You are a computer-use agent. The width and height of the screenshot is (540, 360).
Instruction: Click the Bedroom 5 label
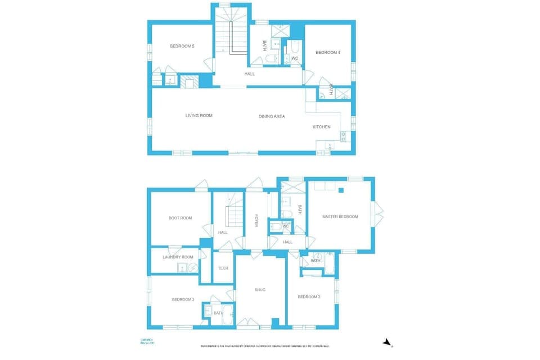click(182, 46)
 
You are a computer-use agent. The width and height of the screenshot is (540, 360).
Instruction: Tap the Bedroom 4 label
click(327, 53)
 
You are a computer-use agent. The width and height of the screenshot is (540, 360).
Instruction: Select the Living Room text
click(199, 116)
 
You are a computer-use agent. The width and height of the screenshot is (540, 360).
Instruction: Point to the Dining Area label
click(272, 116)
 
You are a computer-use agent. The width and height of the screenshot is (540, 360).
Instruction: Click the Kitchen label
click(321, 127)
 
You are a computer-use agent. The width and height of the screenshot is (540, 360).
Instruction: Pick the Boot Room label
click(180, 218)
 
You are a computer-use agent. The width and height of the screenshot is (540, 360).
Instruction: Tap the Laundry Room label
click(178, 257)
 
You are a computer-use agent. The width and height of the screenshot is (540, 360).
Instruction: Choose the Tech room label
click(223, 268)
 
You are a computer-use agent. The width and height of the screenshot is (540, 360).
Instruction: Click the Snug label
click(259, 290)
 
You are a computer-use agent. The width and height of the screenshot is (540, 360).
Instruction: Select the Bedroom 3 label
click(183, 300)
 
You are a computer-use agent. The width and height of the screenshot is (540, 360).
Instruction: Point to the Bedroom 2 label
click(309, 297)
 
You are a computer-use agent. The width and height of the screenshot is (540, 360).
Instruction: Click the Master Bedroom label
click(340, 217)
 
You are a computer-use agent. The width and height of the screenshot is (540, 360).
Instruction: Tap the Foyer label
click(256, 221)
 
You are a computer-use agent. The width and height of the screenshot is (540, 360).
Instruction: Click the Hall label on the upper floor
click(249, 74)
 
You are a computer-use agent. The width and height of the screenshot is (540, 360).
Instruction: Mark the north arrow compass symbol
click(386, 342)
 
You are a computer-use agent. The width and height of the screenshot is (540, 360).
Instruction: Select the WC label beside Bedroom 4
click(294, 58)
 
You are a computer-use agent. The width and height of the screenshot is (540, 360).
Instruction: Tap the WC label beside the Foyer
click(285, 227)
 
